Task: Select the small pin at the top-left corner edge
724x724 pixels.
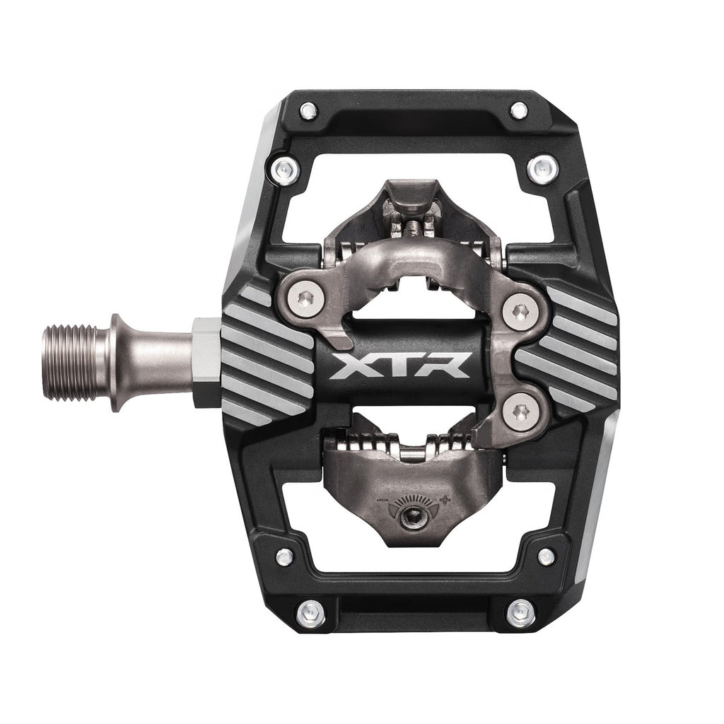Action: point(308,110)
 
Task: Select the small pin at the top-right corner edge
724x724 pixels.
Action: point(519,110)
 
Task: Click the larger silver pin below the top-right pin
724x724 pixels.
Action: point(542,168)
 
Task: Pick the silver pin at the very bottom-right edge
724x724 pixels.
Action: point(520,609)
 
